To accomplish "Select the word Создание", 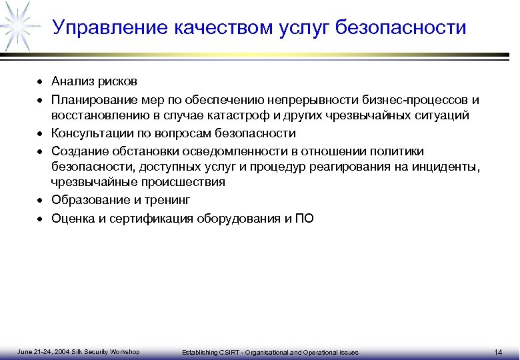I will tap(77, 151).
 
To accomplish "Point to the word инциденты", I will tap(449, 167).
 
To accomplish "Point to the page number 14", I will tap(498, 352).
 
